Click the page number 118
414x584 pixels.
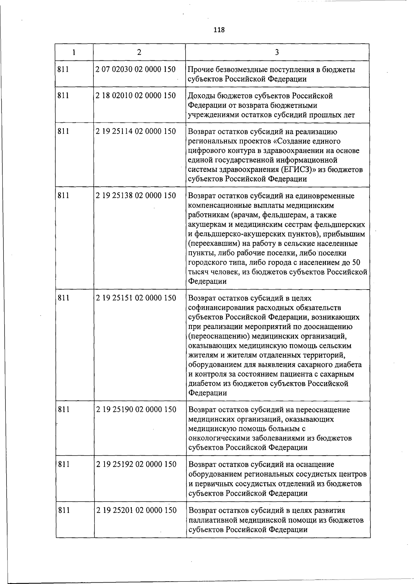(219, 30)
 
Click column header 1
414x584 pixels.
(74, 52)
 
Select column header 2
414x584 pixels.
(139, 52)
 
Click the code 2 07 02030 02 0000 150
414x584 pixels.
(136, 69)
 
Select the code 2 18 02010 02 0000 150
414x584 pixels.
(136, 96)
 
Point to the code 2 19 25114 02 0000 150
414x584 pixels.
(136, 132)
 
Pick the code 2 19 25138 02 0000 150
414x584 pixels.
(136, 196)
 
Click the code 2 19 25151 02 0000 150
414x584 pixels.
(136, 298)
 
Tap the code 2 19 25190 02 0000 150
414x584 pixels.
(136, 410)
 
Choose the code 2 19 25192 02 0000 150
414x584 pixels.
(136, 464)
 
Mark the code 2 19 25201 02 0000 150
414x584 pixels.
(136, 510)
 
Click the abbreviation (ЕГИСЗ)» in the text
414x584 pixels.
(298, 170)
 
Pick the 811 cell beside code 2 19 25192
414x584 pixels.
(63, 464)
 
